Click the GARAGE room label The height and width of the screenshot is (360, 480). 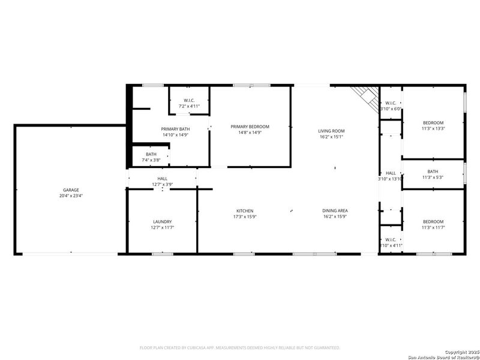(71, 190)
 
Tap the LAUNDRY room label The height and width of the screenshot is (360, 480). (163, 221)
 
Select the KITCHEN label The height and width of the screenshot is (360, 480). (245, 211)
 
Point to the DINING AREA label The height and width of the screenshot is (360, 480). (335, 211)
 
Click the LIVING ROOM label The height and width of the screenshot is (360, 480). (331, 131)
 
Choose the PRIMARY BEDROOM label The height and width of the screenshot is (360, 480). (250, 127)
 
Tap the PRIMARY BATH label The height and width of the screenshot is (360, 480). (175, 129)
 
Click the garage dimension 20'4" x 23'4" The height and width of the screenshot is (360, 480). (71, 196)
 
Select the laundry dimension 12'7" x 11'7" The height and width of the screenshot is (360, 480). (163, 227)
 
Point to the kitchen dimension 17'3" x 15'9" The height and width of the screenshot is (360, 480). (245, 217)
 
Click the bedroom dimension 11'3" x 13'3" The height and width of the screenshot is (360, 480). (433, 128)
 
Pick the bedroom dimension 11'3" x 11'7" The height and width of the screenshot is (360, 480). (433, 227)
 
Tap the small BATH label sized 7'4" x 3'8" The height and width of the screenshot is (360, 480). (151, 154)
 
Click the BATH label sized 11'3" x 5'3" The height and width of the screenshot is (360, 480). (433, 172)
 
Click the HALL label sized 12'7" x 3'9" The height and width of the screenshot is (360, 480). (163, 178)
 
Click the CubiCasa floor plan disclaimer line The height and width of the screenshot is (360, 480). (240, 347)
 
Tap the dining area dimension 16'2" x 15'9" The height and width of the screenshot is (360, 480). (335, 217)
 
